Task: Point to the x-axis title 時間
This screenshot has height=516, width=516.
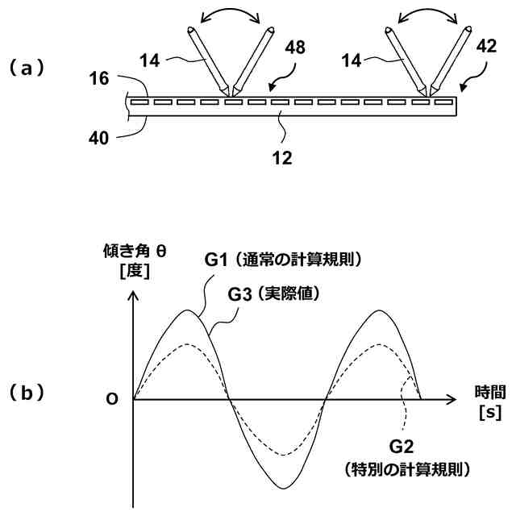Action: tap(489, 394)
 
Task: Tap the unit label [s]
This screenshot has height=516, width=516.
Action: tap(489, 414)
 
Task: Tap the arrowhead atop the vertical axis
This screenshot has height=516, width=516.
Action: tap(134, 296)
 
